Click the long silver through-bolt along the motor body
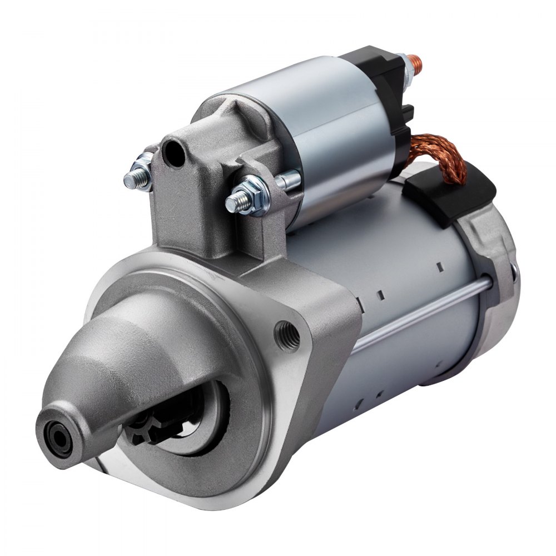(x=423, y=314)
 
